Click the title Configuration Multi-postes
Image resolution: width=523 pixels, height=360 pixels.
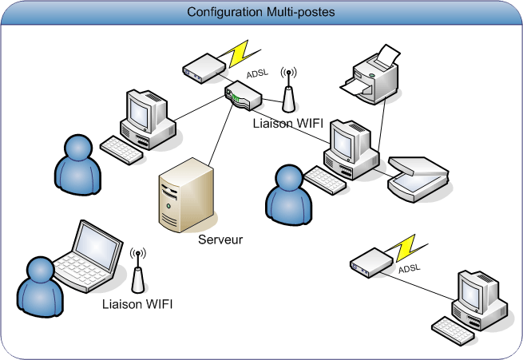(261, 13)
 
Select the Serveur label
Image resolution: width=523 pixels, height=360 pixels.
(220, 239)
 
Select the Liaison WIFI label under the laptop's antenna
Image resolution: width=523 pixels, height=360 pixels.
(137, 304)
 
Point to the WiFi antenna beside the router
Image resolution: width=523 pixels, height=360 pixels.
(287, 91)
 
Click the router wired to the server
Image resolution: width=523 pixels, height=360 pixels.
(243, 96)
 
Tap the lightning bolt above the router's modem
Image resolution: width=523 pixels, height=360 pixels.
(240, 52)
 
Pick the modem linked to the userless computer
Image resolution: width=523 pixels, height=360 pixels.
(371, 263)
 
